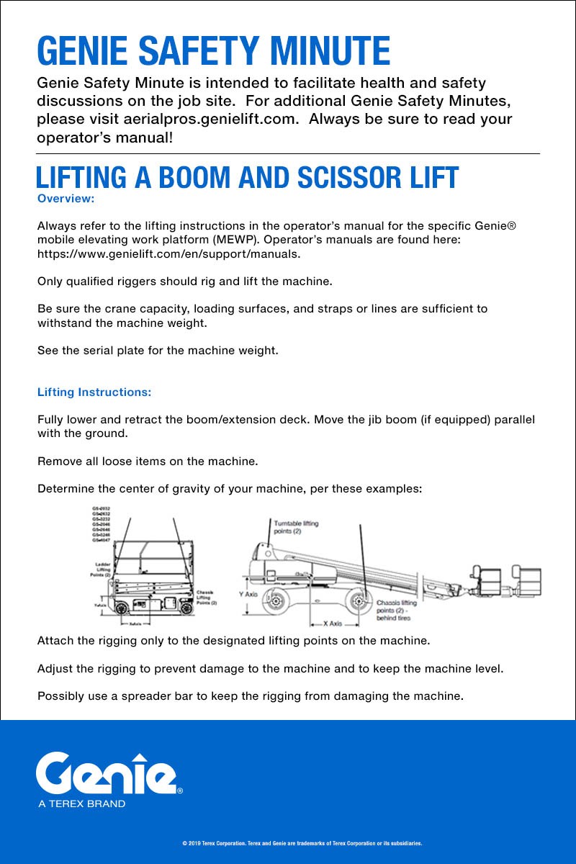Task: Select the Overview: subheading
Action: coord(66,198)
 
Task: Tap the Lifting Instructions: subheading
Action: coord(94,392)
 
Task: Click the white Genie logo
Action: coord(108,775)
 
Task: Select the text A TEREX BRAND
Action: coord(81,804)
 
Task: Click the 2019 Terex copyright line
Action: coord(302,842)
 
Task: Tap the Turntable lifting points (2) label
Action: coord(295,527)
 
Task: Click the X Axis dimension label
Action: coord(332,624)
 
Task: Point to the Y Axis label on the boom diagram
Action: coord(248,595)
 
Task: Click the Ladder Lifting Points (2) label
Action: coord(99,570)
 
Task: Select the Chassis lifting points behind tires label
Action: coord(397,611)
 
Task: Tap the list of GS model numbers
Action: coord(101,523)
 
